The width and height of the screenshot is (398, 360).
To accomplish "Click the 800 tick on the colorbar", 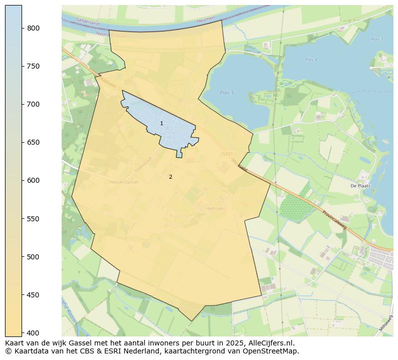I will (x=34, y=28).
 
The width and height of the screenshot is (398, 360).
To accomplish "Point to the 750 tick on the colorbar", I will (x=34, y=66).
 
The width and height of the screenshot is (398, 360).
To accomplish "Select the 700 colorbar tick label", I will (x=34, y=104).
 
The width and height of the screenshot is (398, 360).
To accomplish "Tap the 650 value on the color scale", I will (x=34, y=142).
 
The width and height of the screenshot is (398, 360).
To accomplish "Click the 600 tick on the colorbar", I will (x=34, y=180).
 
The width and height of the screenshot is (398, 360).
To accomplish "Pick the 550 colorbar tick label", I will (x=34, y=219).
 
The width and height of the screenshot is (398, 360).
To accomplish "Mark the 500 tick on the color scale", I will (x=34, y=257).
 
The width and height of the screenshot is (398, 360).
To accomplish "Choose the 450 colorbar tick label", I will (x=34, y=295).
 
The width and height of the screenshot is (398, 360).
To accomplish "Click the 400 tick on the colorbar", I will (x=34, y=333).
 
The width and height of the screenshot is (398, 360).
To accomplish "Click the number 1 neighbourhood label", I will (x=161, y=123).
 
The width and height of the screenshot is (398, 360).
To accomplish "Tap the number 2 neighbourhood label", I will (x=170, y=177).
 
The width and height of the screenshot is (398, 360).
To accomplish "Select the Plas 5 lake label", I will (x=227, y=93).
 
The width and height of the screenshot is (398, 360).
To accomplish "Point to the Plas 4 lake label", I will (x=311, y=60).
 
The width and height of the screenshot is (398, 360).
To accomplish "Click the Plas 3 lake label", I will (x=377, y=39).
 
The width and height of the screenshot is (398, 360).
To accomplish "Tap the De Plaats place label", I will (x=360, y=186).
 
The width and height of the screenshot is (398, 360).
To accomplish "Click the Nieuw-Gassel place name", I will (x=123, y=182).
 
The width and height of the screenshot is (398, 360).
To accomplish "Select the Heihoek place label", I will (x=214, y=208).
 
